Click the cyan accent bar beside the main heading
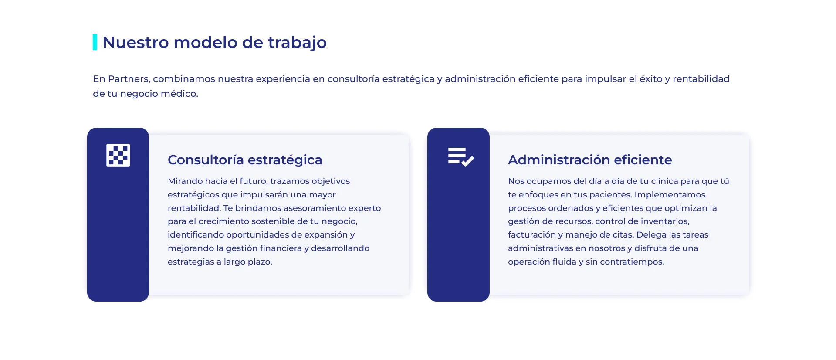coord(95,42)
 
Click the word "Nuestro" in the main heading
coord(135,42)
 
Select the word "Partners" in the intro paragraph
coord(129,79)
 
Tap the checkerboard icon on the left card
coord(118,155)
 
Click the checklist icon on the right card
coord(460,157)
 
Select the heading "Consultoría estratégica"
coord(245,160)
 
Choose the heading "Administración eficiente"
coord(590,160)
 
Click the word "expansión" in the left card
coord(326,235)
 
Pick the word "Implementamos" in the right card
coord(670,195)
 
